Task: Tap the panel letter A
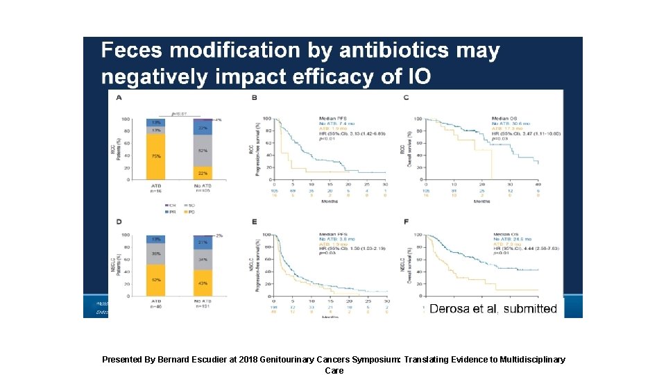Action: pyautogui.click(x=119, y=98)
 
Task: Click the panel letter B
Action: pyautogui.click(x=255, y=98)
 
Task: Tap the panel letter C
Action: pyautogui.click(x=406, y=98)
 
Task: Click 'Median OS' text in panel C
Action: pyautogui.click(x=506, y=117)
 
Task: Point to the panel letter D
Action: pyautogui.click(x=119, y=222)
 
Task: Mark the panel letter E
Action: pyautogui.click(x=255, y=222)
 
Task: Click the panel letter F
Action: pyautogui.click(x=407, y=222)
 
